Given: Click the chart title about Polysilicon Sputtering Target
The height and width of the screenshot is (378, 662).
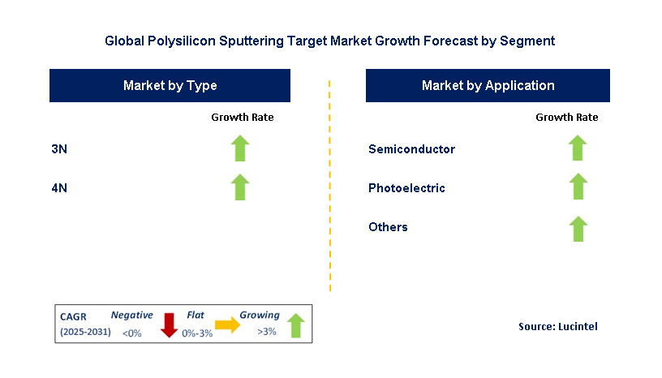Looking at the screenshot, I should (330, 40).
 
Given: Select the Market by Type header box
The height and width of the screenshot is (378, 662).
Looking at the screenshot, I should (170, 85).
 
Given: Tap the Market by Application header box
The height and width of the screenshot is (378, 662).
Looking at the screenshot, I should (488, 85).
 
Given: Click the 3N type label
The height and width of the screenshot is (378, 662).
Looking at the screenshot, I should (59, 149).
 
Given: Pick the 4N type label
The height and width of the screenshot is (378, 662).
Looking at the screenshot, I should (59, 188).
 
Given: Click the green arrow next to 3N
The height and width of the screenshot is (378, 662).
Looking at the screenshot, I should (240, 148).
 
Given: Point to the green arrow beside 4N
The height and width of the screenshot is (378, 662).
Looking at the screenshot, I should (240, 187).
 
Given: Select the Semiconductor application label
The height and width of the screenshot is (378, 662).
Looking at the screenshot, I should (411, 149).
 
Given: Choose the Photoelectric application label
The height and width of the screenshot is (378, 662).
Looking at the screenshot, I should (406, 188).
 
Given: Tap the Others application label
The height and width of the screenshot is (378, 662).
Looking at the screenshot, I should (388, 227).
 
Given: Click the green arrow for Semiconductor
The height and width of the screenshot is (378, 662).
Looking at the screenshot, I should (578, 148).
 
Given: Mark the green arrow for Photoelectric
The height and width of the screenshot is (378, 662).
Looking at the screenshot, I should (578, 187).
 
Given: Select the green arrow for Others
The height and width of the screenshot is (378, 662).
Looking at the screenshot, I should (578, 229).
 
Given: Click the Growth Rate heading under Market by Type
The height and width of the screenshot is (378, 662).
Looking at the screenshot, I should (243, 118).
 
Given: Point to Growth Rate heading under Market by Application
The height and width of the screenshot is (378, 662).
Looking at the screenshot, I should (567, 118).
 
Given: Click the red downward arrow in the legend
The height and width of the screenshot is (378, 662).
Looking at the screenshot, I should (169, 324).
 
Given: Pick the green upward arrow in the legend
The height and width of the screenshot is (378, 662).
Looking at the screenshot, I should (295, 325).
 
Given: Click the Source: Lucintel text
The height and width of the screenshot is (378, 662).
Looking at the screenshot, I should (558, 326).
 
